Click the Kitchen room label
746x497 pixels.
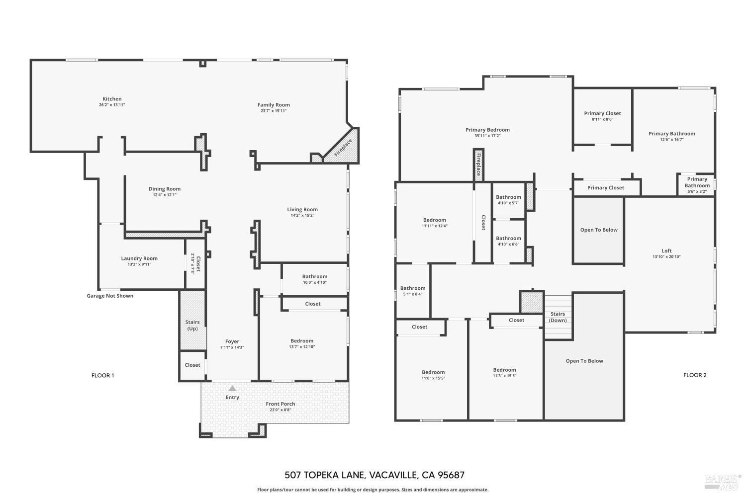112,99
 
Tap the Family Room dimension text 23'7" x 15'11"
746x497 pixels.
274,111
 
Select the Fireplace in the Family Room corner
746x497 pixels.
343,148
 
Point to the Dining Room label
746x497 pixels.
165,189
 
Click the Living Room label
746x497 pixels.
302,209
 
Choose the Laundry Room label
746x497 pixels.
139,258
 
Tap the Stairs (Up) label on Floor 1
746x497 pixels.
192,326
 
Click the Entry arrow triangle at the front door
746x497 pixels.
232,388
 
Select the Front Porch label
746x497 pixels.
280,404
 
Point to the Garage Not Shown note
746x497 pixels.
110,296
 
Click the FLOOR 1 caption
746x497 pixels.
102,375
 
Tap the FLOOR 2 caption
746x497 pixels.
694,375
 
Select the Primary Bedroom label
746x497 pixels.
487,130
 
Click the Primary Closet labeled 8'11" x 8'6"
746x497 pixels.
602,113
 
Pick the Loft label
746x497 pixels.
666,251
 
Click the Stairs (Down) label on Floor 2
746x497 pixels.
558,317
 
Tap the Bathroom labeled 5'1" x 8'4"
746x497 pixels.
413,288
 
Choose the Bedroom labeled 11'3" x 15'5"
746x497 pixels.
504,370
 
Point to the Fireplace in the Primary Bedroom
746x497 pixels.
478,165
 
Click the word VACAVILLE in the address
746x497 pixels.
392,475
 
